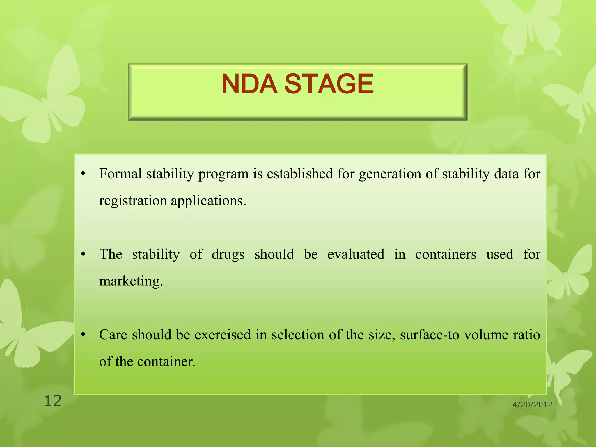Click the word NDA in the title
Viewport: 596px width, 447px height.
pos(249,84)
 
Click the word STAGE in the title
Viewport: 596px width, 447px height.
pos(329,84)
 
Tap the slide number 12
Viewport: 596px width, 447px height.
pos(53,401)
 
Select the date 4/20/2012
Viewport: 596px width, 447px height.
pos(532,405)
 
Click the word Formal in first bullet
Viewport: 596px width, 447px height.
pos(120,174)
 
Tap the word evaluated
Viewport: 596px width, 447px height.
pos(356,254)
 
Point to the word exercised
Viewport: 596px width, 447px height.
pos(222,335)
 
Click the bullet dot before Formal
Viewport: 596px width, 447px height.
pos(83,174)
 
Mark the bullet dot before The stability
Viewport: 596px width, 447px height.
pos(83,254)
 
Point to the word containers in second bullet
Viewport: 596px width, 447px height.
pos(446,254)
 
